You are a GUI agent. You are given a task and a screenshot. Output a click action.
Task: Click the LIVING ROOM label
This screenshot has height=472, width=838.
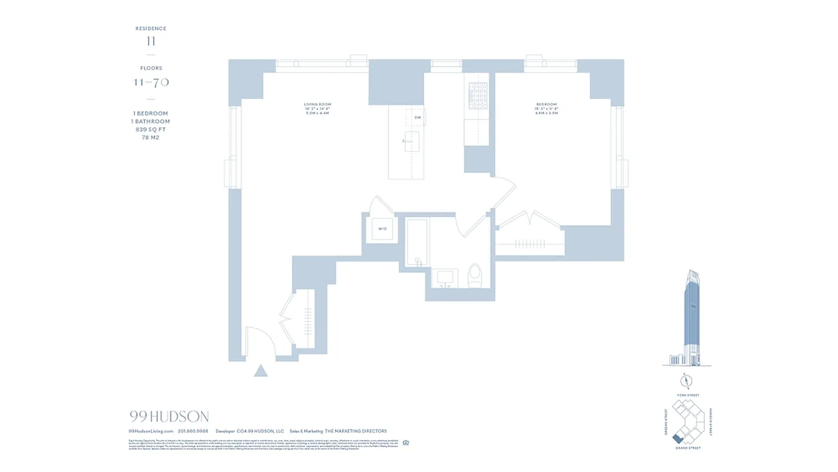(x=317, y=104)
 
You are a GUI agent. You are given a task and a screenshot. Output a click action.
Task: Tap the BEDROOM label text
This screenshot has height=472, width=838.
(x=547, y=104)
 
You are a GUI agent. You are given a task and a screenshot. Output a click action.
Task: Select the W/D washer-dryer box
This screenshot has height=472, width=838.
(x=382, y=228)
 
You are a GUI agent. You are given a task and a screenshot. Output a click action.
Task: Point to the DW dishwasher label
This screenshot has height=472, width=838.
(x=418, y=117)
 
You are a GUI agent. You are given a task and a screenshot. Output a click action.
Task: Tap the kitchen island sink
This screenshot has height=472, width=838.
(x=411, y=142)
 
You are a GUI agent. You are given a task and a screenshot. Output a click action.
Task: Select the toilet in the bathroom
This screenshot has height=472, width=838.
(x=475, y=276)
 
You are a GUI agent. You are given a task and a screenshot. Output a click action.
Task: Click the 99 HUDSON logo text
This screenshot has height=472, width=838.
(x=169, y=417)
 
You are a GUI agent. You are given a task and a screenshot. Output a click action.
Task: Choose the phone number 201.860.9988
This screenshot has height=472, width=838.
(x=193, y=431)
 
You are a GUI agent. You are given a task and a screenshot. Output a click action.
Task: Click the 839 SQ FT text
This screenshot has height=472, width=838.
(x=150, y=129)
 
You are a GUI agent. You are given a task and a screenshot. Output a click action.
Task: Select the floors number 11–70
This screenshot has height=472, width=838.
(x=151, y=82)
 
